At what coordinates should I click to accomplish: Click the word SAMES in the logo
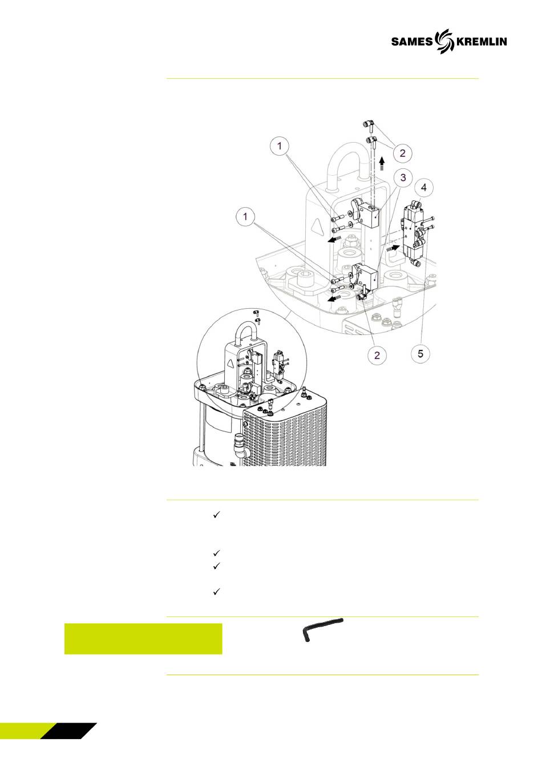tap(412, 42)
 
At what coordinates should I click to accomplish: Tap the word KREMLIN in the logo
tap(482, 42)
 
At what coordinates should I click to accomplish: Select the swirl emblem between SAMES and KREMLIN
tap(445, 42)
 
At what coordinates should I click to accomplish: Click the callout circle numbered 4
tap(424, 188)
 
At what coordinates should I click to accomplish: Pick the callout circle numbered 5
tap(420, 353)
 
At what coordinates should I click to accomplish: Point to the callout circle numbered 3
tap(403, 177)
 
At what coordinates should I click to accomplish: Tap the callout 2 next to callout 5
tap(377, 355)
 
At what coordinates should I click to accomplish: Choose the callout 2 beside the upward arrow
tap(402, 153)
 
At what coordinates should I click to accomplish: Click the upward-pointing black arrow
tap(382, 163)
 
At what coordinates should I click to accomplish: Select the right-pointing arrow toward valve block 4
tap(393, 248)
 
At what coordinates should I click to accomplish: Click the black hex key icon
tap(322, 629)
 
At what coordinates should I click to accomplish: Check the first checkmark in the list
tap(216, 515)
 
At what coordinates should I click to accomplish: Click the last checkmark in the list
tap(216, 592)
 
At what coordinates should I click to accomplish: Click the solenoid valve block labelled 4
tap(415, 233)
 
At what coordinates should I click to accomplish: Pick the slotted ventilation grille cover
tap(285, 431)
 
